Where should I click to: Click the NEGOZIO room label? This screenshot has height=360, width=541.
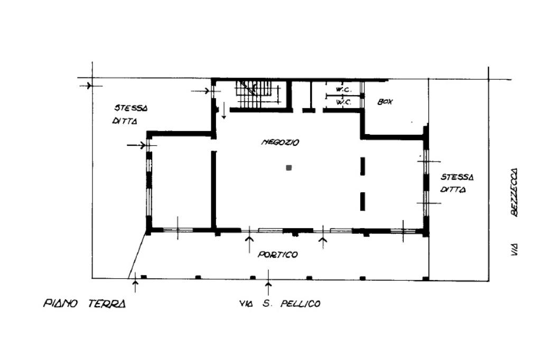[280, 142]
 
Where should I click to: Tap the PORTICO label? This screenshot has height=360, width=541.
[278, 255]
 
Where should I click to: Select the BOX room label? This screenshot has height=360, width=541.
[385, 102]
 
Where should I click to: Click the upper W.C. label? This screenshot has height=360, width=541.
[343, 90]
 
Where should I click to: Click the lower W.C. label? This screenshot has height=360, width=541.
[343, 102]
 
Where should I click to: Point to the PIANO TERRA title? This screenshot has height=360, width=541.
[85, 304]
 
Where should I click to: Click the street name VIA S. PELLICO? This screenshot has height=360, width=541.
[280, 304]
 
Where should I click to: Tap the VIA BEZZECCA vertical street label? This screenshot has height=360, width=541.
[514, 212]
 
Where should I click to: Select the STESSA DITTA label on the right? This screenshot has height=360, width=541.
[457, 183]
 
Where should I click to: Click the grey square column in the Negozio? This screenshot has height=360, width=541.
[289, 168]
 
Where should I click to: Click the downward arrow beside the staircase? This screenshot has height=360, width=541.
[224, 110]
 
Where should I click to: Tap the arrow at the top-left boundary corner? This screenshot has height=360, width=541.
[86, 85]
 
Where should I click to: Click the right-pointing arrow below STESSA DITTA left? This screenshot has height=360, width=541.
[136, 145]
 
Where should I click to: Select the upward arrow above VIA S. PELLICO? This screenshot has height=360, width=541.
[268, 278]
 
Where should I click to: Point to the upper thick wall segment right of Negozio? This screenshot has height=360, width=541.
[362, 166]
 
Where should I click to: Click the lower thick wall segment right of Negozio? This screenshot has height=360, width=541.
[362, 202]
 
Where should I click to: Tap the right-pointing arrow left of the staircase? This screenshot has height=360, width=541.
[200, 91]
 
